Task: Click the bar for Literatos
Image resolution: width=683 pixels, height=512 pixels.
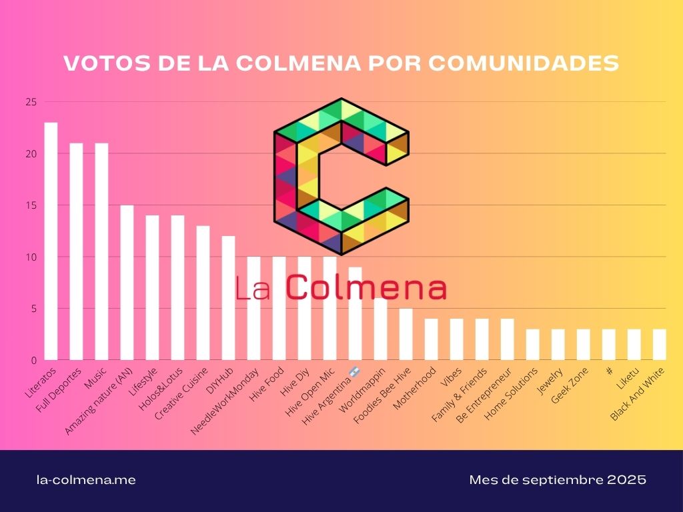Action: (51, 241)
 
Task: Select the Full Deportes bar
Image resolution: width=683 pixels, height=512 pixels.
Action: (76, 251)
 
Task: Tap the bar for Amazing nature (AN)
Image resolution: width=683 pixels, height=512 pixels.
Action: (127, 283)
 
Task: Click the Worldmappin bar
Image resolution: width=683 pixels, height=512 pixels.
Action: (380, 329)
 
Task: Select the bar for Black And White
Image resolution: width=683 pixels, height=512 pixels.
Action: (659, 345)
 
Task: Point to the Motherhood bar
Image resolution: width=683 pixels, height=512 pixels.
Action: (431, 339)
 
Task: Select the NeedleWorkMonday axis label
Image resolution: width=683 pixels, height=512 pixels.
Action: (225, 401)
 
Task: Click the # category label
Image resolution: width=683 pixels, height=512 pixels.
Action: (610, 370)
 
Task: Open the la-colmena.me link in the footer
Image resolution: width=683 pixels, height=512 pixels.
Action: (85, 480)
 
